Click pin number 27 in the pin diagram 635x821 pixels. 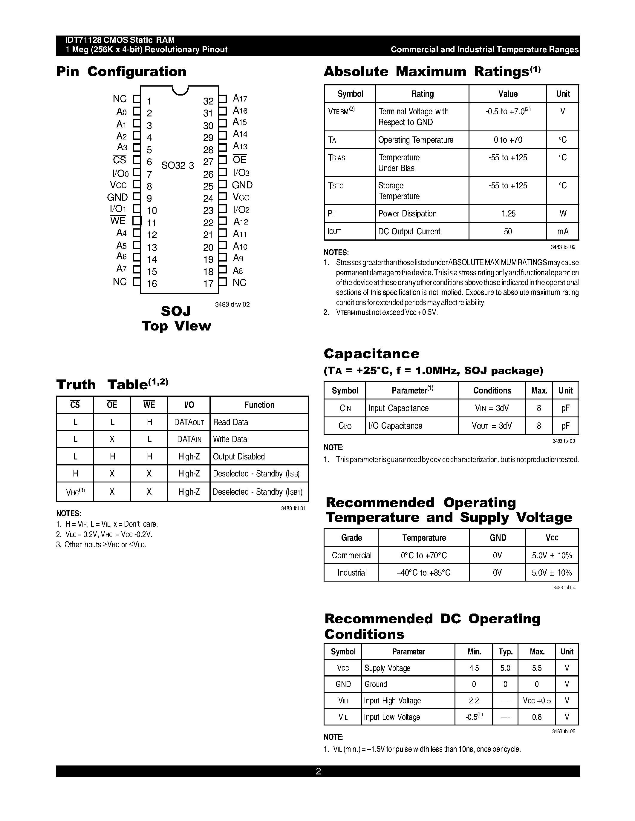208,162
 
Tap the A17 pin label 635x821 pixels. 240,99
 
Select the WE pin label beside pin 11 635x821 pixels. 118,221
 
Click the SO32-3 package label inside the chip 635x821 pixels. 178,165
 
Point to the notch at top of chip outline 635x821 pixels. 180,90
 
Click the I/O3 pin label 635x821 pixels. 241,173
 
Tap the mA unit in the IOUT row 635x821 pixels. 562,232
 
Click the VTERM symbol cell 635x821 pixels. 341,111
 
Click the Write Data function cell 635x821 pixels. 230,439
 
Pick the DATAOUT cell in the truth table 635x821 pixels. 189,422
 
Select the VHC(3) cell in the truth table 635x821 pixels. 75,492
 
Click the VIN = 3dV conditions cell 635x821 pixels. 492,408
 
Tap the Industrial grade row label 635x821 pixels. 351,573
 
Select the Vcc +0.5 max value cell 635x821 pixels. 536,701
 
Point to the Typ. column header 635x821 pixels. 505,651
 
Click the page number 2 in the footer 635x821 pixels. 318,771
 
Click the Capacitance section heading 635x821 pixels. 371,354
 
